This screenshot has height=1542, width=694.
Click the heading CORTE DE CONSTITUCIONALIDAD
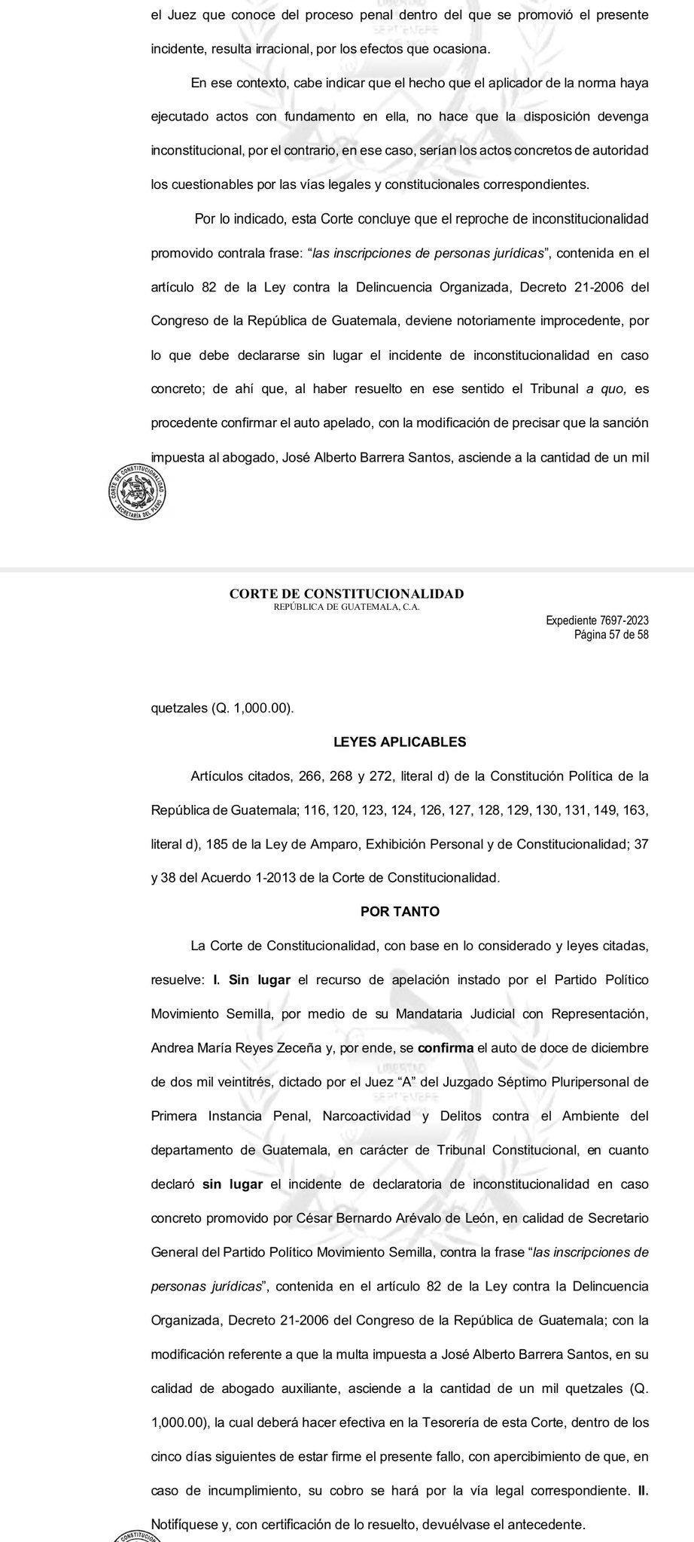346,594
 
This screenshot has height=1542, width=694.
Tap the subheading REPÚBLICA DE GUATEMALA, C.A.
346,607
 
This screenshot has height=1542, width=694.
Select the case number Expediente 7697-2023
598,620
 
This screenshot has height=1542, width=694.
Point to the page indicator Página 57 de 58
610,634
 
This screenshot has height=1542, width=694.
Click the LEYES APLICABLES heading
400,742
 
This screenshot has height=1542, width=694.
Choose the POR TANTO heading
400,911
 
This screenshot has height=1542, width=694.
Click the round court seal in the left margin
136,490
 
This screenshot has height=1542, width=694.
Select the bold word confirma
444,1047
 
